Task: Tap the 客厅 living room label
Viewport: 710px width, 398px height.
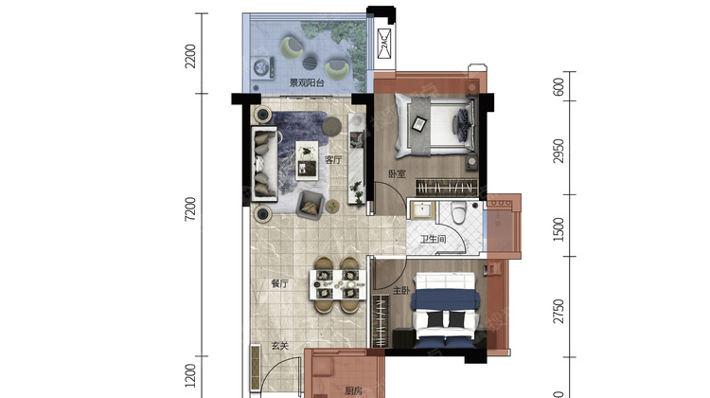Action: (333, 159)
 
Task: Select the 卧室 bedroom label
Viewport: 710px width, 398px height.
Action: (397, 173)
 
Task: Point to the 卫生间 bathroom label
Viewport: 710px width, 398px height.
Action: (433, 239)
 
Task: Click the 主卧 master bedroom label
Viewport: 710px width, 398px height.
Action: (401, 290)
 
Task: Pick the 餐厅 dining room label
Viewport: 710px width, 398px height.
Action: (279, 283)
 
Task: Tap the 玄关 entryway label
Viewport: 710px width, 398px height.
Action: (280, 346)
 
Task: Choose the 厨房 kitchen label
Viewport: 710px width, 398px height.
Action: (353, 390)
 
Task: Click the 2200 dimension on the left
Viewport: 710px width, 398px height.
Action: (190, 56)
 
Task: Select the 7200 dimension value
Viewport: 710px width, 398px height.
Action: (190, 209)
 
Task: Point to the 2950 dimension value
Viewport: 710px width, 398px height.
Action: (559, 151)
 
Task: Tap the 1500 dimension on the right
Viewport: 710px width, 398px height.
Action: (559, 229)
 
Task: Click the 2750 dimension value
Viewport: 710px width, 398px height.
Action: (559, 311)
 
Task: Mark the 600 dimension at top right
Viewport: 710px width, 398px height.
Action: (559, 87)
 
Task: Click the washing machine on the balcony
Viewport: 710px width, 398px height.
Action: (262, 68)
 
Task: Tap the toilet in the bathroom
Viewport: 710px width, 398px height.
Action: (459, 212)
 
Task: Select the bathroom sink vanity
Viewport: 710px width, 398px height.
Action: (423, 209)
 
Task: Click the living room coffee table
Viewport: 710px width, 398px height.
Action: (307, 160)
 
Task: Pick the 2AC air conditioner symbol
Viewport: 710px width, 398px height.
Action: (384, 43)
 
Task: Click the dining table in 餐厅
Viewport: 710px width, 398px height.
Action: (337, 284)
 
